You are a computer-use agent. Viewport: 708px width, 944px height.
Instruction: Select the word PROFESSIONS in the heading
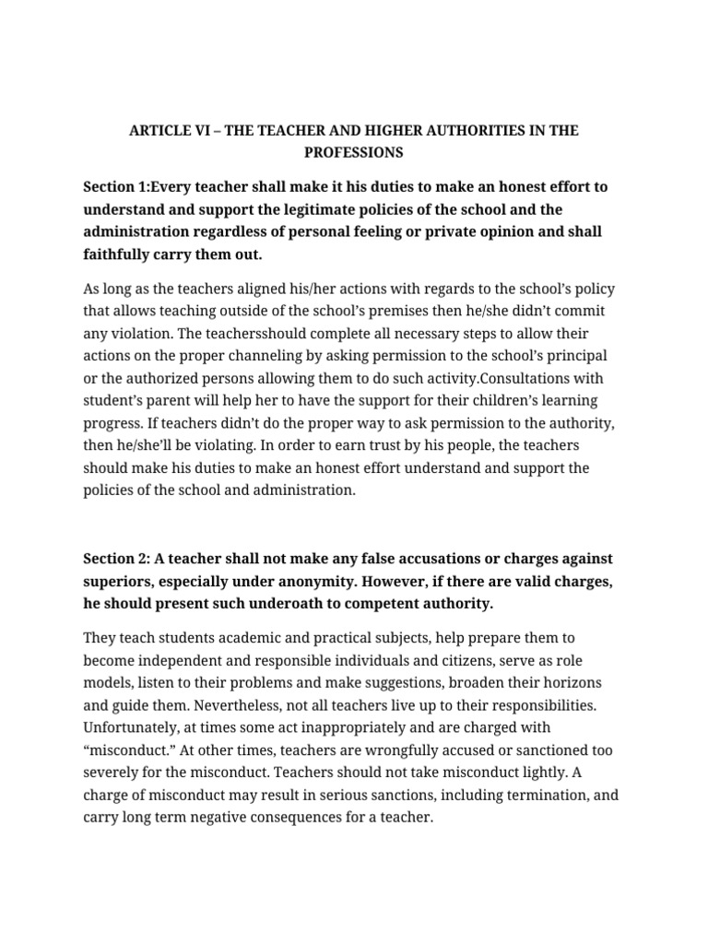(354, 151)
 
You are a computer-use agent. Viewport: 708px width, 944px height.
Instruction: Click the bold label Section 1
(115, 186)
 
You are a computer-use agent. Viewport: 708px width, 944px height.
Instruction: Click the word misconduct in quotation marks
(128, 749)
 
